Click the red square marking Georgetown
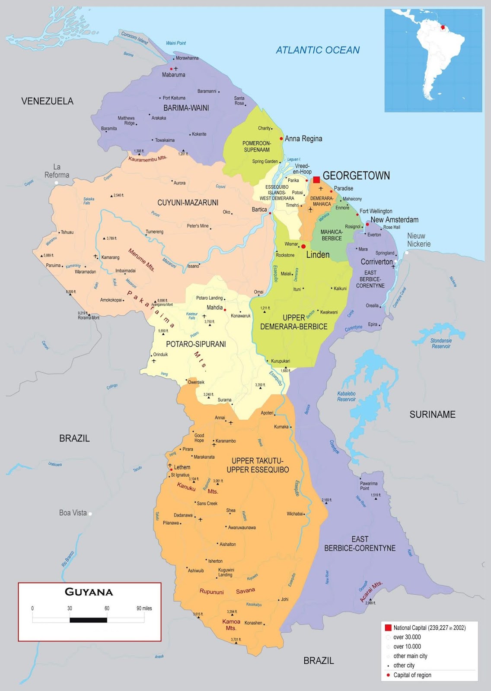tap(316, 180)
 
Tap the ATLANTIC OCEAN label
tap(318, 50)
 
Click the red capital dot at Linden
tap(303, 246)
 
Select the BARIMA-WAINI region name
tap(186, 108)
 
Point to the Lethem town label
tap(182, 467)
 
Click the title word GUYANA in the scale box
tap(89, 592)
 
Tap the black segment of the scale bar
tap(88, 620)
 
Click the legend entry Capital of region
tap(412, 675)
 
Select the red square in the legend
tap(388, 628)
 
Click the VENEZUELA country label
tap(48, 101)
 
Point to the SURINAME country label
tap(432, 415)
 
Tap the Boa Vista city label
tap(73, 513)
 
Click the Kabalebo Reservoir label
tap(347, 396)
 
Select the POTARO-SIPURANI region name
tap(196, 344)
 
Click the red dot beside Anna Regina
tap(281, 139)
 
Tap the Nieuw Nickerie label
tap(418, 240)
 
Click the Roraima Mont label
tap(89, 317)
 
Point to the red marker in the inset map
tap(443, 27)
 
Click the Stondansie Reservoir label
tap(441, 343)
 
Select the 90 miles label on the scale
tap(144, 608)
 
